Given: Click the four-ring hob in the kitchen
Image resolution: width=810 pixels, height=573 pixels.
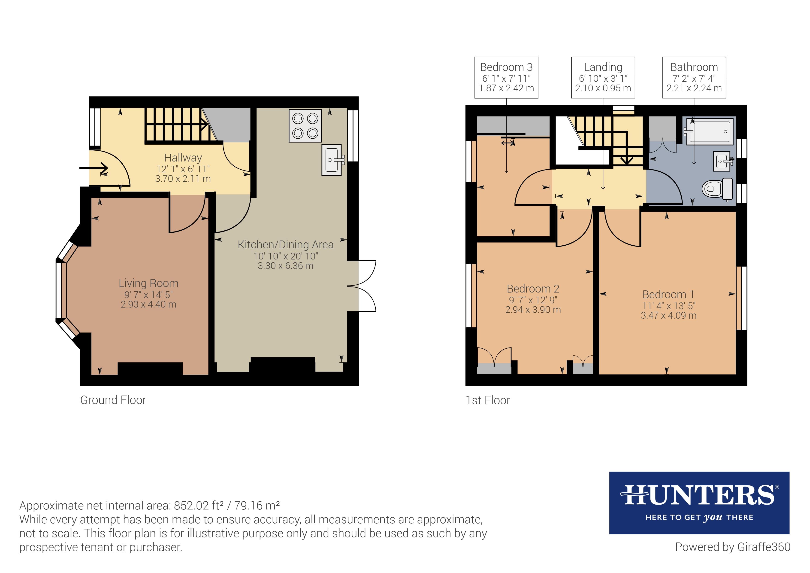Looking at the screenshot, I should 305,126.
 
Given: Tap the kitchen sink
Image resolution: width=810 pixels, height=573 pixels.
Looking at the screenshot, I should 332,160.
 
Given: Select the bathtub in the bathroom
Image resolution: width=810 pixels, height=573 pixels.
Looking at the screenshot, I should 709,131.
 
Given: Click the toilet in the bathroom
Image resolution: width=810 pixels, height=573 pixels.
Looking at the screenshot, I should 716,189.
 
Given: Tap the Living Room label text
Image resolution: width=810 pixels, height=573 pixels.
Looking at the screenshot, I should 148,283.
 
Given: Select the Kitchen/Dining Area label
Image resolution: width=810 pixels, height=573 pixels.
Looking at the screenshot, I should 285,244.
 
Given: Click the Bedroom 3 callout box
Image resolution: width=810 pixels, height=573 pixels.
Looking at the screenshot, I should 506,77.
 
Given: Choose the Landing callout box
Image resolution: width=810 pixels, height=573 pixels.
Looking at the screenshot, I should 603,77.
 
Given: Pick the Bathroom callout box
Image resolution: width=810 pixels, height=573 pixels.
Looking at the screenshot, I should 694,77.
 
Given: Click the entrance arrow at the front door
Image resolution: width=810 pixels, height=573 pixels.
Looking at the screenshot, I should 94,168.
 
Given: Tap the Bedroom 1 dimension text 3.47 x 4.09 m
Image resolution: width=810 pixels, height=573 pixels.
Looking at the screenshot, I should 668,315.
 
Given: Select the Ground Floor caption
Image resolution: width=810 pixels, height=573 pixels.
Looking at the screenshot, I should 113,400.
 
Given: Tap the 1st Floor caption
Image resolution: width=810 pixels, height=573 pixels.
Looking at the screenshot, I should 488,400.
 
